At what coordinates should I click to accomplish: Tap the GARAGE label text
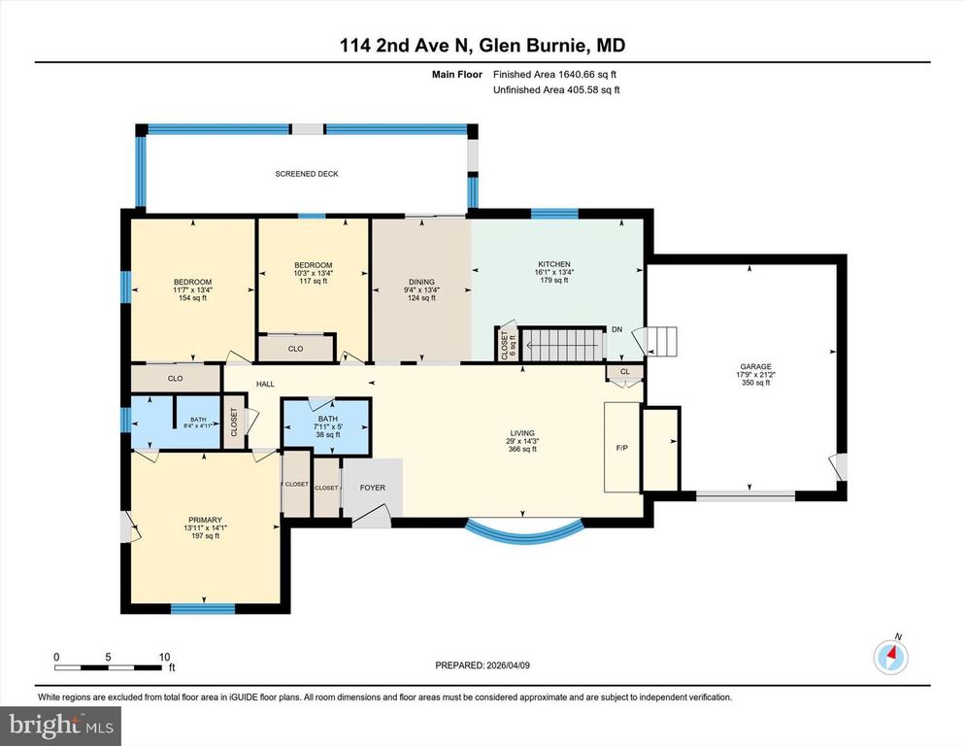(753, 367)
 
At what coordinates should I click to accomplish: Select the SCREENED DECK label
(307, 174)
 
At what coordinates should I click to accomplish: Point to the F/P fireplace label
(622, 449)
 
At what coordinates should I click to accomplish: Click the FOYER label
(372, 488)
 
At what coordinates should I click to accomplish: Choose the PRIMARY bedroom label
(205, 520)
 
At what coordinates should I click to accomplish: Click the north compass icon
(890, 658)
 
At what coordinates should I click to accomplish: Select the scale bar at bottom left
(108, 666)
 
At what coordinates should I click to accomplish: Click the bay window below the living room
(524, 530)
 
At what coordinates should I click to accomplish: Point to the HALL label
(265, 385)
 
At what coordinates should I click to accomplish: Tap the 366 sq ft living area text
(522, 449)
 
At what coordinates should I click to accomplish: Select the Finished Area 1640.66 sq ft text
(554, 74)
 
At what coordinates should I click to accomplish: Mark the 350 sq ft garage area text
(753, 383)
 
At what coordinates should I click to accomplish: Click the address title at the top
(482, 45)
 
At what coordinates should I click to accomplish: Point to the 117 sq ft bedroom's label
(313, 265)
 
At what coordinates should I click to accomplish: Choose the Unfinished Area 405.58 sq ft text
(555, 89)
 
